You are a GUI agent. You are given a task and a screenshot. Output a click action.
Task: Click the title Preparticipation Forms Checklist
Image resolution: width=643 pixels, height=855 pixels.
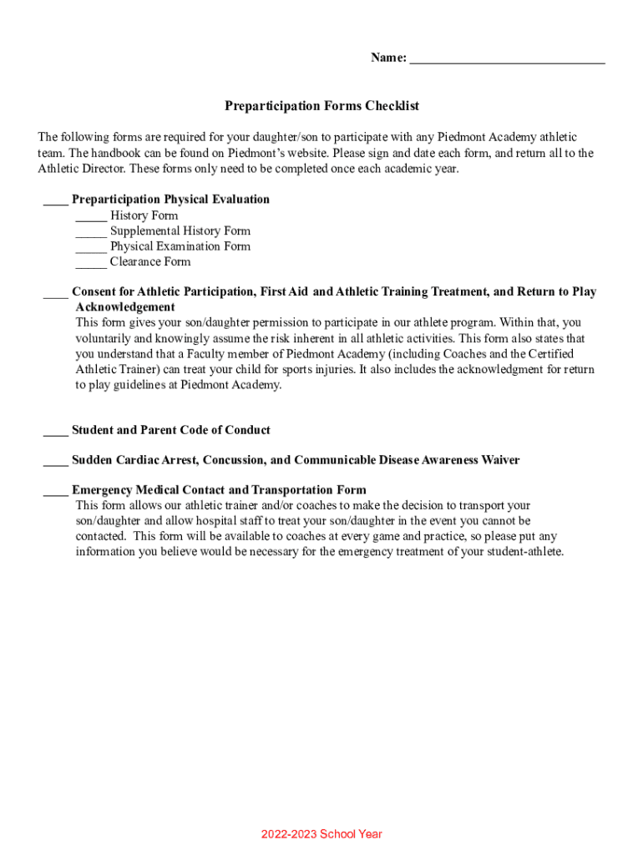(x=321, y=106)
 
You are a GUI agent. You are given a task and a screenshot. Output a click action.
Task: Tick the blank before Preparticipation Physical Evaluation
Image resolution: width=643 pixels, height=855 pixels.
(x=55, y=201)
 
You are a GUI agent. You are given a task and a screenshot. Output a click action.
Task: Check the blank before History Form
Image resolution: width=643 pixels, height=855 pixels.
(x=91, y=217)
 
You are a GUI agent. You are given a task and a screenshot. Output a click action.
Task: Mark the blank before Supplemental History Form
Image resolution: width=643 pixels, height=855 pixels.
(x=91, y=232)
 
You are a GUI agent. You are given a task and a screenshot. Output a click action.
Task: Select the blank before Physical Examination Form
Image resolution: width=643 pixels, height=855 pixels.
(x=91, y=248)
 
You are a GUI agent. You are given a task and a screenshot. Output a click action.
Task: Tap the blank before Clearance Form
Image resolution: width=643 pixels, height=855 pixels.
(x=91, y=263)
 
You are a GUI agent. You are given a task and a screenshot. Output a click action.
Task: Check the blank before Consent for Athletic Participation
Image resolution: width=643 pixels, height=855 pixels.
(x=55, y=294)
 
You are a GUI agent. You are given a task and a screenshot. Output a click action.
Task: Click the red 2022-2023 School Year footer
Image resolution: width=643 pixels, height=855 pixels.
(x=321, y=834)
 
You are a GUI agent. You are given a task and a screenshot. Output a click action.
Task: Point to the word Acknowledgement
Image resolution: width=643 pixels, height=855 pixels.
(x=125, y=307)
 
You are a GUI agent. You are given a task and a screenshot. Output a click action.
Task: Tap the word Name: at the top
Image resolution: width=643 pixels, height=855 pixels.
(x=388, y=58)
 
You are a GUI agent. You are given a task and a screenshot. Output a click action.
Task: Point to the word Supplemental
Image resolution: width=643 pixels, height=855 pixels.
(x=144, y=230)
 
